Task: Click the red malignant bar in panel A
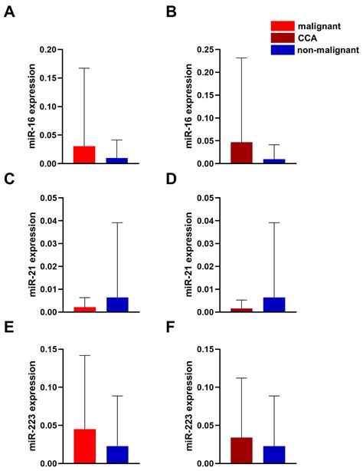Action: coord(84,155)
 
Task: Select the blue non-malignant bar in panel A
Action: coord(117,160)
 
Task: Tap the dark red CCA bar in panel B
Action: coord(241,153)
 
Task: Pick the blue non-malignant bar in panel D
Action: coord(274,305)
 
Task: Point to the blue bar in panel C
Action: coord(117,305)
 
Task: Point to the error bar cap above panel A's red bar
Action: coord(84,68)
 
